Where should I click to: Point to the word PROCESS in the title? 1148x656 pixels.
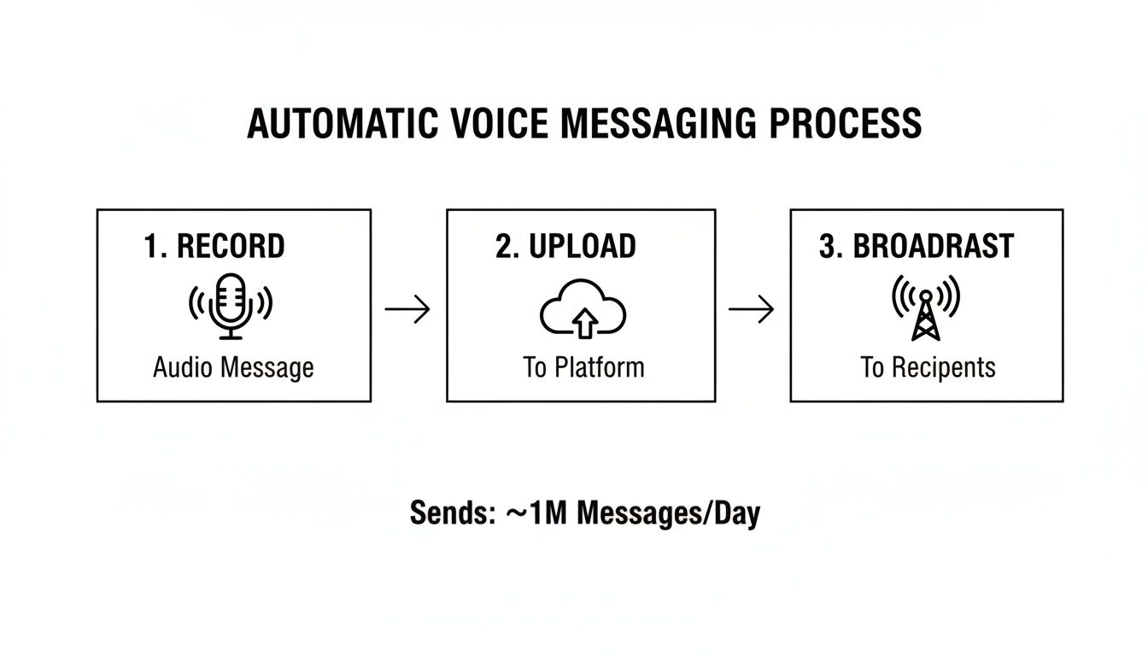pyautogui.click(x=845, y=124)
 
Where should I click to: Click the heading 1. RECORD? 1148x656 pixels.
pyautogui.click(x=214, y=246)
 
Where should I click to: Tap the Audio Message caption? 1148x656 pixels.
pyautogui.click(x=233, y=368)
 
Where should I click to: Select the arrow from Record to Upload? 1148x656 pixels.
pyautogui.click(x=407, y=310)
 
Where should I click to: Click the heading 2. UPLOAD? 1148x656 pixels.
pyautogui.click(x=565, y=246)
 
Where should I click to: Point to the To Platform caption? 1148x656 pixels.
pyautogui.click(x=583, y=368)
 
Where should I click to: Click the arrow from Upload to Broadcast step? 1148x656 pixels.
pyautogui.click(x=751, y=310)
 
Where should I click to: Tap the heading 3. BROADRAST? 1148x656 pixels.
pyautogui.click(x=916, y=246)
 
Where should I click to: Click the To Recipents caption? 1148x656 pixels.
pyautogui.click(x=928, y=368)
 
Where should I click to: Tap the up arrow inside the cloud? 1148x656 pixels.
pyautogui.click(x=584, y=323)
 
